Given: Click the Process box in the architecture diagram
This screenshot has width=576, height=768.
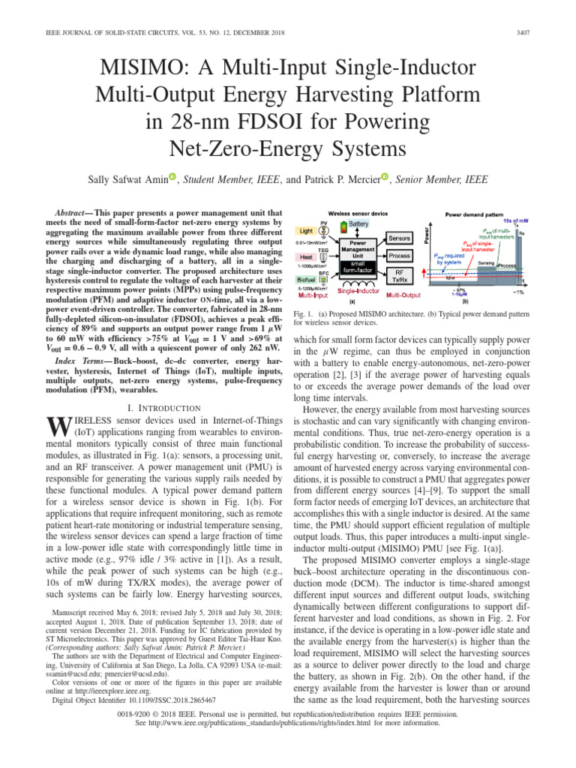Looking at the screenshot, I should coord(398,256).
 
